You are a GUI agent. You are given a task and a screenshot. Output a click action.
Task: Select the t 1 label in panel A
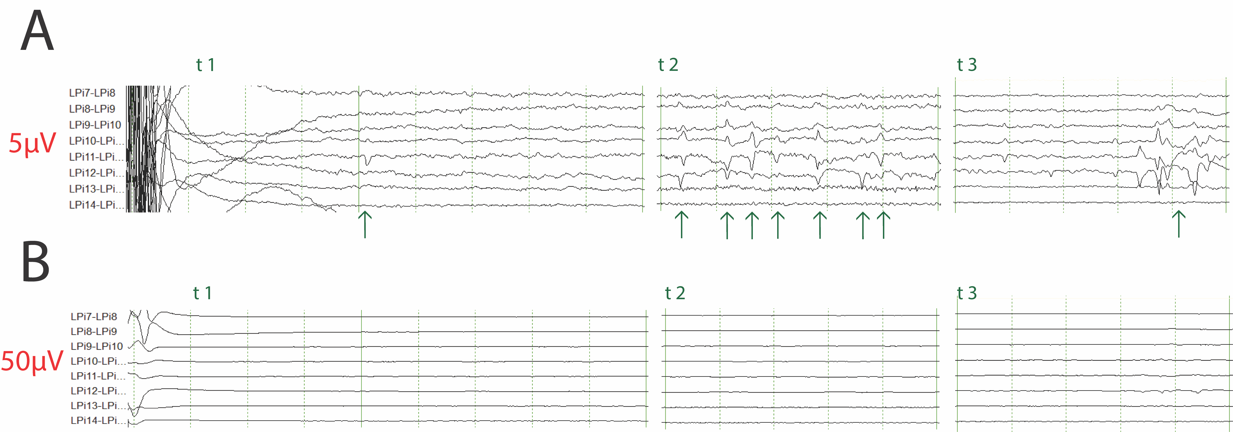[205, 65]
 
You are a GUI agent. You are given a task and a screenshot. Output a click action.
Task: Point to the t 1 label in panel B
[203, 293]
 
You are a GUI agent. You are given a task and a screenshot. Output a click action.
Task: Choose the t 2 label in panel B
[675, 293]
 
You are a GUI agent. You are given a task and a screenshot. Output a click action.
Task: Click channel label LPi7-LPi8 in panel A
[92, 93]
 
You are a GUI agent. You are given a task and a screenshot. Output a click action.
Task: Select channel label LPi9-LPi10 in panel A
[95, 125]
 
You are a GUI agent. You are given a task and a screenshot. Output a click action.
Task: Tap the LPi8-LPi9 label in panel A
[92, 109]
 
